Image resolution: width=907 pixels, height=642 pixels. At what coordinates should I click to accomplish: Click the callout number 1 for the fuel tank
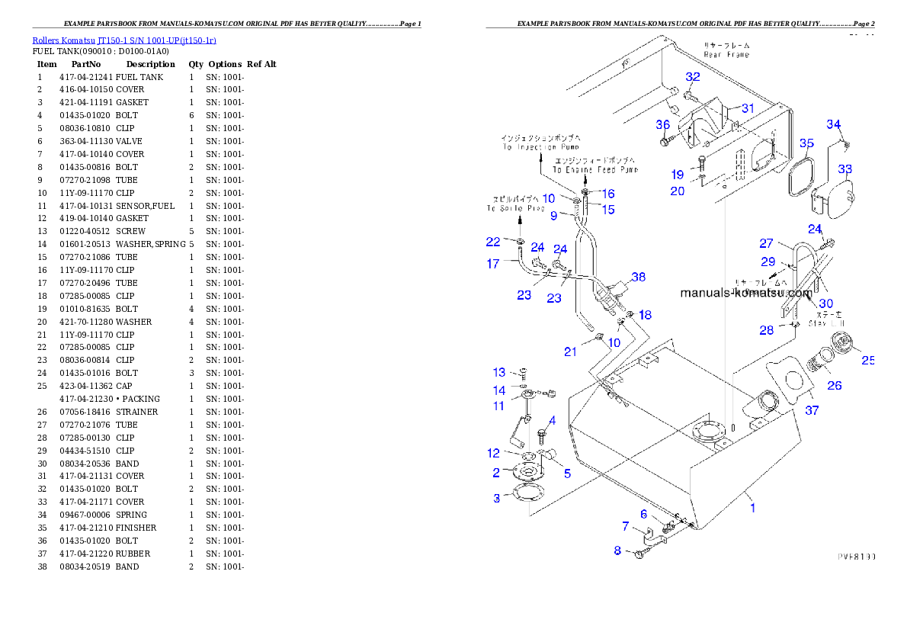point(753,507)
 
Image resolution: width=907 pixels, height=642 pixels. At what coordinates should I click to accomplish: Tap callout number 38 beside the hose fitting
point(638,278)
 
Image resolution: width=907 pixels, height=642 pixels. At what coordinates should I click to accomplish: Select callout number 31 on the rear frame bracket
point(748,108)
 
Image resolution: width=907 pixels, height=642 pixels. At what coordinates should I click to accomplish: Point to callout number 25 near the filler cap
point(868,360)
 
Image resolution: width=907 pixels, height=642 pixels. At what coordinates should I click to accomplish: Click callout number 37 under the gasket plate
point(812,410)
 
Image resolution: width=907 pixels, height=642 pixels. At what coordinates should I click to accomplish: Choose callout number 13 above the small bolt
point(499,373)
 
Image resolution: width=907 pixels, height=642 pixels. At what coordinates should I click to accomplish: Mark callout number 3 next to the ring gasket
point(497,498)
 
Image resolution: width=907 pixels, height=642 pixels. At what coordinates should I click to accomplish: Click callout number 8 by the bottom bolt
point(617,551)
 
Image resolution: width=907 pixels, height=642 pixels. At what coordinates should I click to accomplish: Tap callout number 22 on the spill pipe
point(493,242)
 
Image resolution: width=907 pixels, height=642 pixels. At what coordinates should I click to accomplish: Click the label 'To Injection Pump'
point(540,146)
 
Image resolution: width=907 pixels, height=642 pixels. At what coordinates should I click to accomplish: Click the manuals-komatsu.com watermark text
point(746,293)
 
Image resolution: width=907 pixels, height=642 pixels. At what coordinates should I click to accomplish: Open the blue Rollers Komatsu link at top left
point(124,40)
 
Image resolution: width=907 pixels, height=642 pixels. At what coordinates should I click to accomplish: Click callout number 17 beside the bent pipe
point(493,264)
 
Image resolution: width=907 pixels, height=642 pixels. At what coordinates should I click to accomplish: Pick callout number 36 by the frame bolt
point(662,125)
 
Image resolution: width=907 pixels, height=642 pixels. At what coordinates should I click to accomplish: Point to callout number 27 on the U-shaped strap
point(766,244)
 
